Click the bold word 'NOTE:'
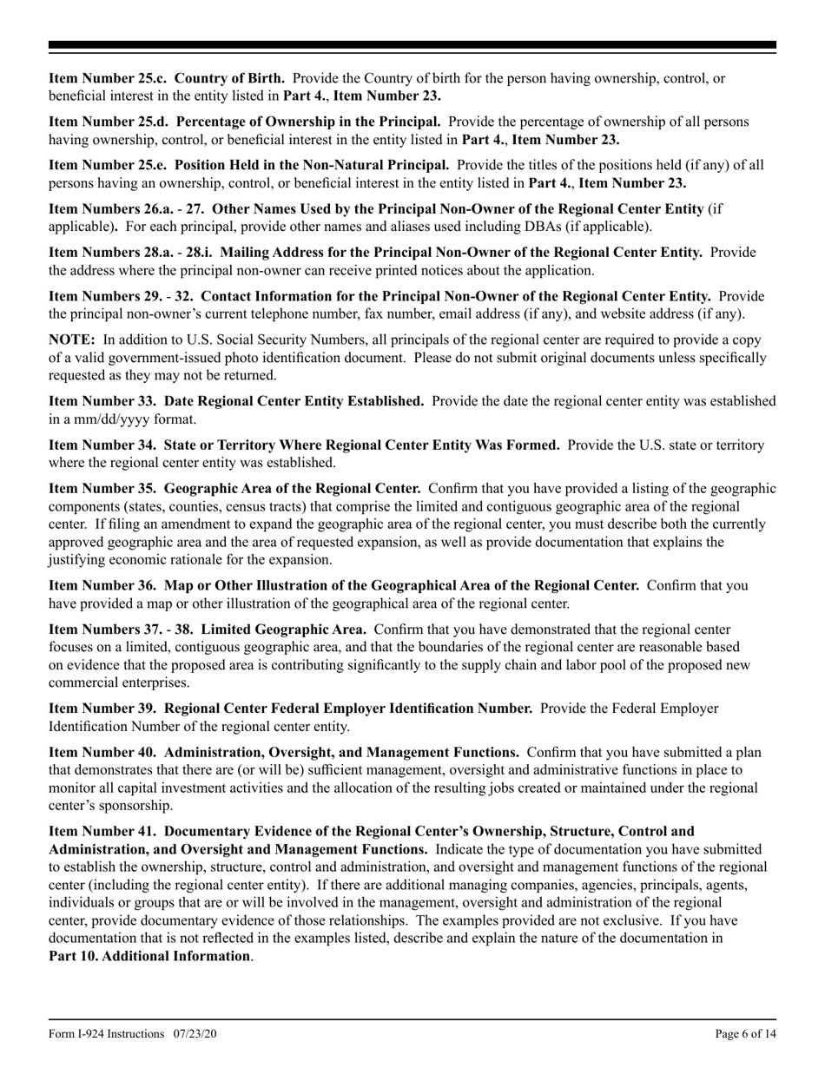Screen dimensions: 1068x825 [72, 340]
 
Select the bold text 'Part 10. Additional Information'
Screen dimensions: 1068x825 [148, 956]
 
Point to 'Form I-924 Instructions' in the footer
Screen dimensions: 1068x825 [107, 1033]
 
